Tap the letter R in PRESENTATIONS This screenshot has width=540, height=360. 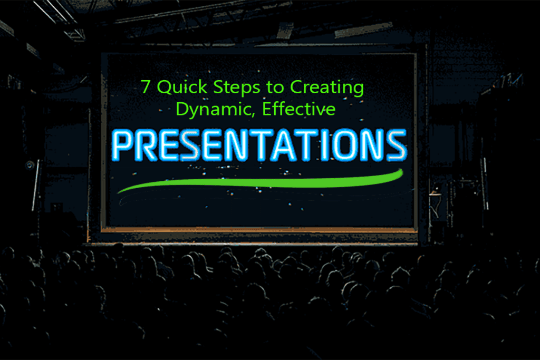coord(151,145)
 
